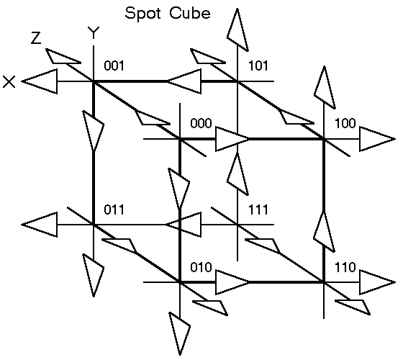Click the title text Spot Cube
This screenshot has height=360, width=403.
tap(168, 13)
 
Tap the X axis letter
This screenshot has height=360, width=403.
tap(9, 82)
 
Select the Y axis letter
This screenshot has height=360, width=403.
tap(94, 32)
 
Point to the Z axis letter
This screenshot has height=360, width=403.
tap(36, 37)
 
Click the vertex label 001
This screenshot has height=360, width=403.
tap(114, 66)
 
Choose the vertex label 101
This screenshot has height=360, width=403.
tap(258, 66)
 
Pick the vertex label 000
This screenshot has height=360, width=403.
tap(201, 123)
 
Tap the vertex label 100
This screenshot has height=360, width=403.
tap(345, 123)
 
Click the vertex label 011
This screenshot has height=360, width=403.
tap(114, 210)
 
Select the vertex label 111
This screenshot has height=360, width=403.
tap(258, 210)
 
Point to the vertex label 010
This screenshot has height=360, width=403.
tap(201, 267)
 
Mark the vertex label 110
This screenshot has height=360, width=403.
tap(345, 267)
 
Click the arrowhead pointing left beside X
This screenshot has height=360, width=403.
tap(40, 81)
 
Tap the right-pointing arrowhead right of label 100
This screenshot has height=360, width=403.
tap(377, 139)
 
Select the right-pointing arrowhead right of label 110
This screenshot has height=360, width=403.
tap(377, 282)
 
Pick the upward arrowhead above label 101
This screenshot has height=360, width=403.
tap(237, 30)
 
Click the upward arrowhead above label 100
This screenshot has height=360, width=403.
tap(325, 87)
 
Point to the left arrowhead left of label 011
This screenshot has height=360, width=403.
tap(40, 225)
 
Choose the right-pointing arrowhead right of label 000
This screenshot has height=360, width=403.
tap(232, 139)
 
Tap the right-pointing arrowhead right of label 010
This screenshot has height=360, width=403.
tap(232, 282)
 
